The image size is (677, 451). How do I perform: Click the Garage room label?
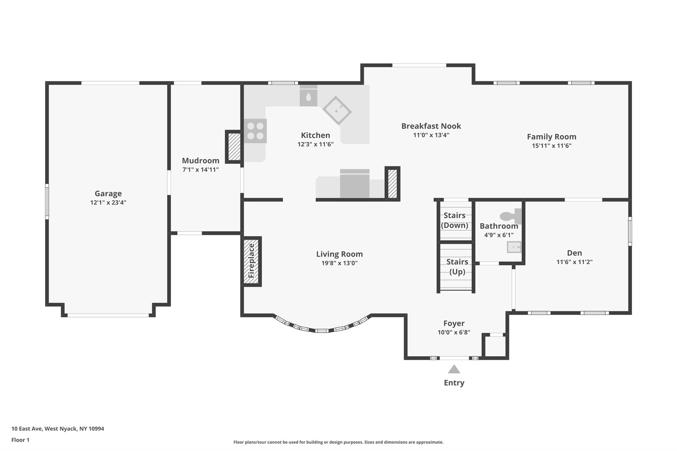[108, 194]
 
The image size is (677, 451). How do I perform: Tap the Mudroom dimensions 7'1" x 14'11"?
[201, 170]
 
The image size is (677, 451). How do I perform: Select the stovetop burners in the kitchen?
[255, 131]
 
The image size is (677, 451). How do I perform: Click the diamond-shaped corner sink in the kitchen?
[337, 111]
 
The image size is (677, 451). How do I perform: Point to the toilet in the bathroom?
[510, 216]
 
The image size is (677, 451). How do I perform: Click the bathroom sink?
[514, 247]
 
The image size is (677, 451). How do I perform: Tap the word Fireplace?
[251, 261]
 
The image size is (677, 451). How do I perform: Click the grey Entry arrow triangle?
[454, 369]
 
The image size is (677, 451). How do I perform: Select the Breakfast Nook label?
[431, 126]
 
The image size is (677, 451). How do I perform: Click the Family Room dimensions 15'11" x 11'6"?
[551, 146]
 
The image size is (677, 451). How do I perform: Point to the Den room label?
[575, 253]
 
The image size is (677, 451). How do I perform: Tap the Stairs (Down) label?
[455, 220]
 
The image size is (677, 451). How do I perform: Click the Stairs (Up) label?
[457, 267]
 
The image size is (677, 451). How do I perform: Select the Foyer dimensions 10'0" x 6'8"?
[454, 332]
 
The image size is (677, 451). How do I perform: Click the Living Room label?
[339, 254]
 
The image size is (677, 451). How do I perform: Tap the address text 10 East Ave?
[27, 429]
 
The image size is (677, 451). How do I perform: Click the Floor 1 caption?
[20, 440]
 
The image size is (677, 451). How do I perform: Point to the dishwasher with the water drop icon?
[308, 96]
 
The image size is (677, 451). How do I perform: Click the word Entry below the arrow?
[454, 383]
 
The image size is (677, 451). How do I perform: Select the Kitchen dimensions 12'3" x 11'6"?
[315, 144]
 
